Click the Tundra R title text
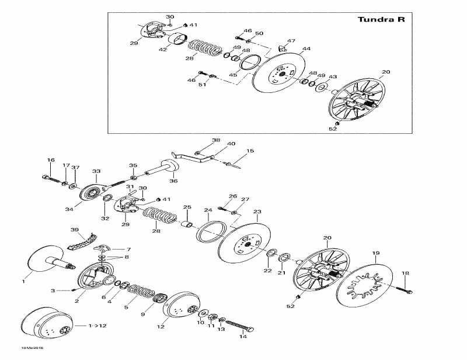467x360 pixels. (381, 19)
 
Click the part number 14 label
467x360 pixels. (243, 337)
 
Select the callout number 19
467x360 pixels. (376, 253)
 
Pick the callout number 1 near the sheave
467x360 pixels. (24, 281)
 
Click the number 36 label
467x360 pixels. (173, 181)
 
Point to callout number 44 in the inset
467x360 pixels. (306, 49)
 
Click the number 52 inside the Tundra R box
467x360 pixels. (333, 129)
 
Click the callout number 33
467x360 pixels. (96, 171)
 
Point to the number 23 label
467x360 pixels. (257, 212)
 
